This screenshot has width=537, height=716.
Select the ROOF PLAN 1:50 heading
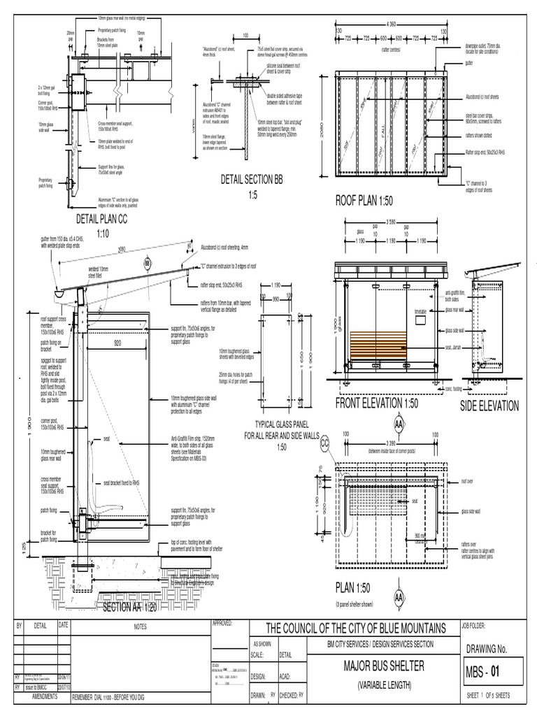pyautogui.click(x=364, y=200)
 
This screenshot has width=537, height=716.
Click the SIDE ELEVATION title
pyautogui.click(x=489, y=406)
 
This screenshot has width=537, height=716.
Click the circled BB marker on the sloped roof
pyautogui.click(x=148, y=264)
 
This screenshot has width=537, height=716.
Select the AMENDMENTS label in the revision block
pyautogui.click(x=42, y=696)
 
